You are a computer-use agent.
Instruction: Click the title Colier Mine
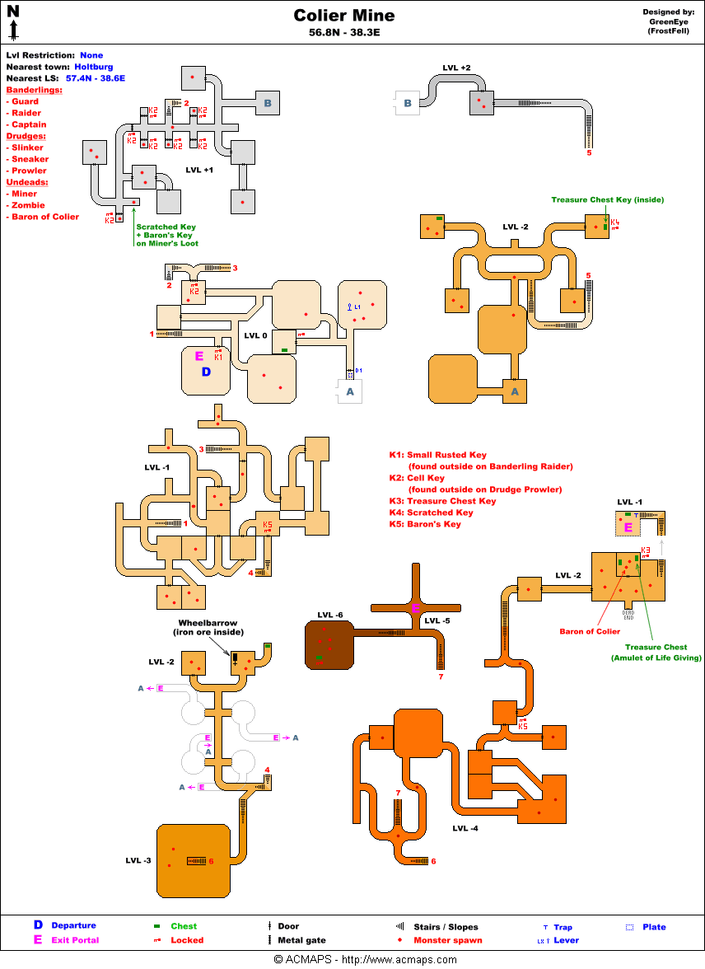[x=344, y=16]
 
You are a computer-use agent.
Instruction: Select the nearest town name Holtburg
[x=94, y=67]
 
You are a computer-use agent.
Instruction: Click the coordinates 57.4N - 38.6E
[x=96, y=78]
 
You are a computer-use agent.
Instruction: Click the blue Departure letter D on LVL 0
[x=207, y=372]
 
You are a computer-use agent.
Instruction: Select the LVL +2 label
[x=455, y=67]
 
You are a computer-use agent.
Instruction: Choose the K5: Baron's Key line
[x=425, y=524]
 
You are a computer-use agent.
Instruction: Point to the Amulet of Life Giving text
[x=656, y=658]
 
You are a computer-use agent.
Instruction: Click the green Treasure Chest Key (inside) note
[x=607, y=199]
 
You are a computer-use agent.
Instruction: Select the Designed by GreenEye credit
[x=668, y=21]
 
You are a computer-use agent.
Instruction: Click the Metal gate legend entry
[x=301, y=940]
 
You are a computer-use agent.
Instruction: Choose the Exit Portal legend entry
[x=75, y=940]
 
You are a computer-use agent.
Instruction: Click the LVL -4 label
[x=465, y=828]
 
